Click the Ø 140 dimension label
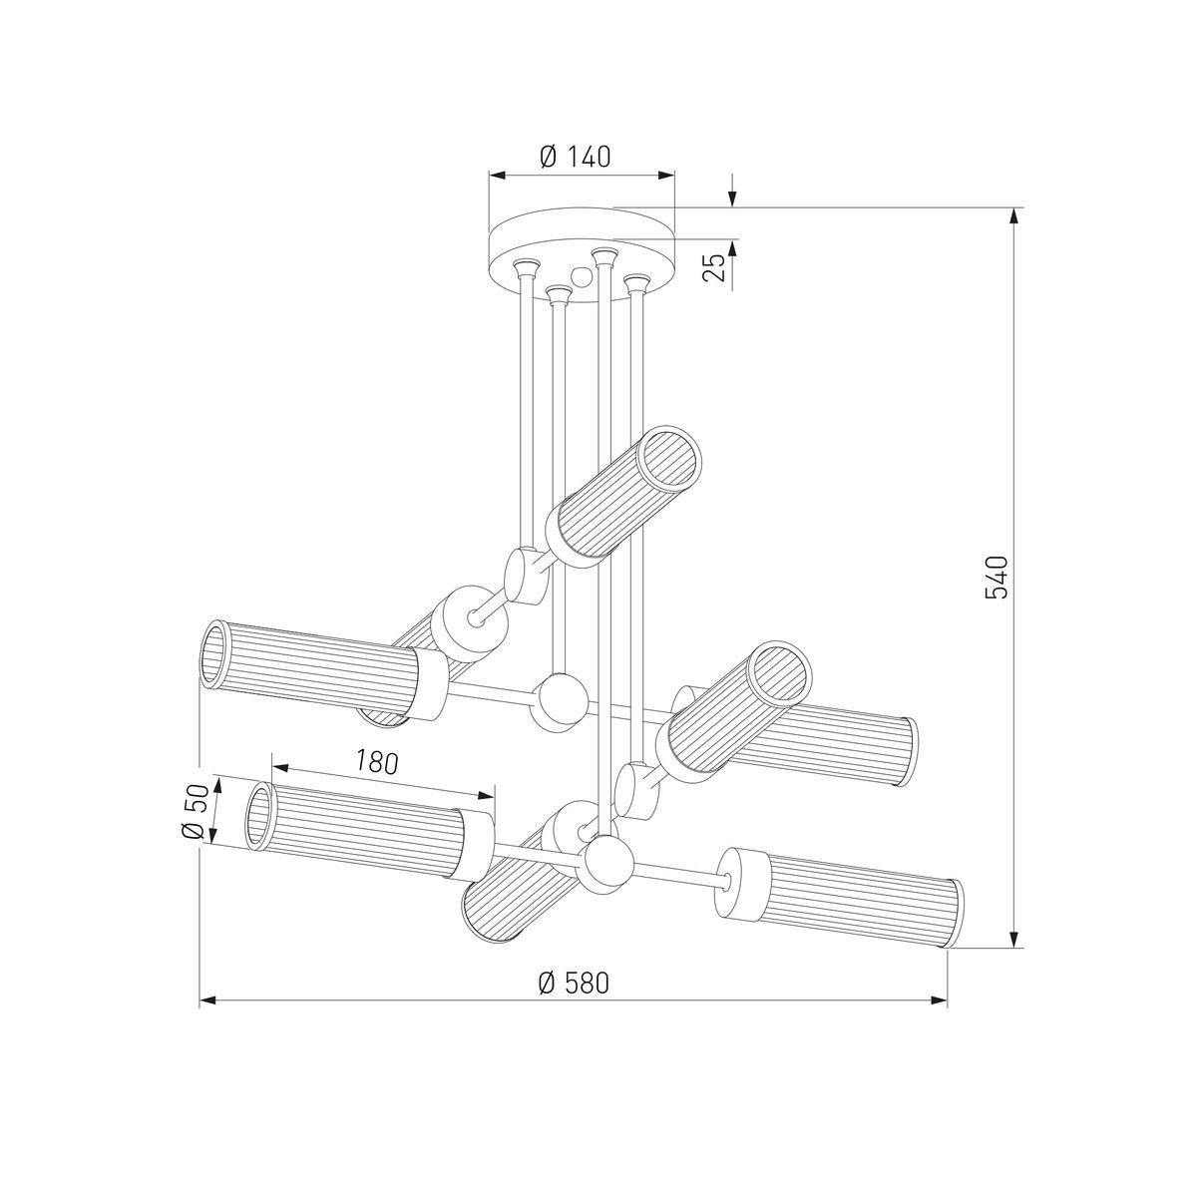(576, 157)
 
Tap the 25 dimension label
(715, 267)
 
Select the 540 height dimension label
(996, 578)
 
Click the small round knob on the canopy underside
(582, 277)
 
